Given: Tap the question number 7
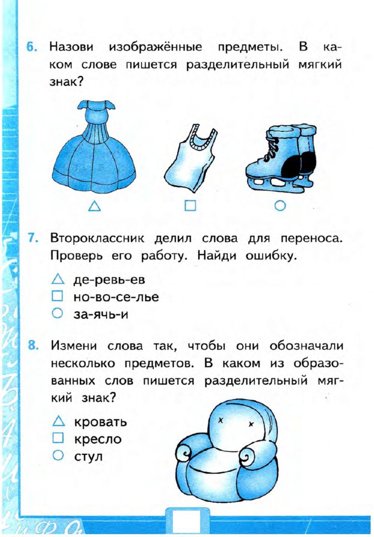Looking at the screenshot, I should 33,239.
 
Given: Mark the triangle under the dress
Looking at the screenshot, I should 95,206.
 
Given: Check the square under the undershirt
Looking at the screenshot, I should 190,206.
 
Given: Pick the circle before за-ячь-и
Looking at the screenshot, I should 57,313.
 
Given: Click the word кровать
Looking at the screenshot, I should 101,422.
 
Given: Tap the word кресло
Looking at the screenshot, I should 98,439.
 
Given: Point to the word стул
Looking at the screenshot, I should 88,456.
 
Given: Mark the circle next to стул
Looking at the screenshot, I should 58,455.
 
